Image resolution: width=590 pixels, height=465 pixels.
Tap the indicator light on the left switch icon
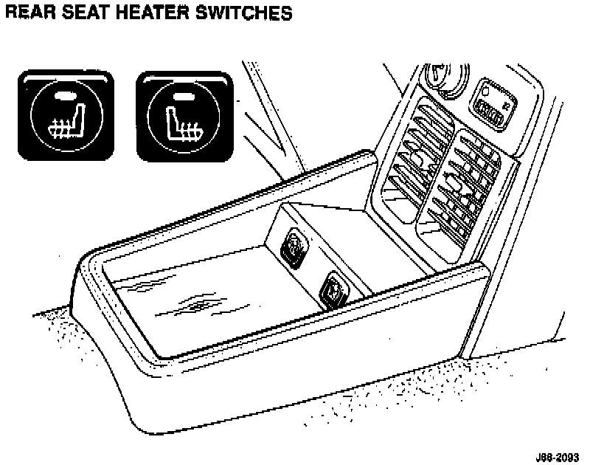(x=64, y=94)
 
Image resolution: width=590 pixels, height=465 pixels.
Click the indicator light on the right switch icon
(x=184, y=94)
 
